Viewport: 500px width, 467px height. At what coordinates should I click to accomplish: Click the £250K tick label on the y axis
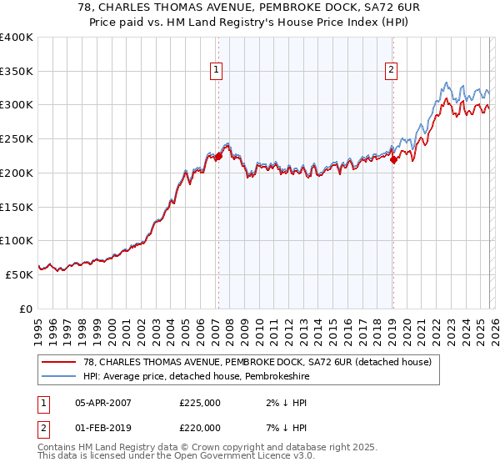16,139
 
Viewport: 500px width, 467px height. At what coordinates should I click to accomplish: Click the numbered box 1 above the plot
216,71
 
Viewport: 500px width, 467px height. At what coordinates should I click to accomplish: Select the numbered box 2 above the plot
391,71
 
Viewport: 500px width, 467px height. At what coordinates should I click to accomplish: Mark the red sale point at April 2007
218,156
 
